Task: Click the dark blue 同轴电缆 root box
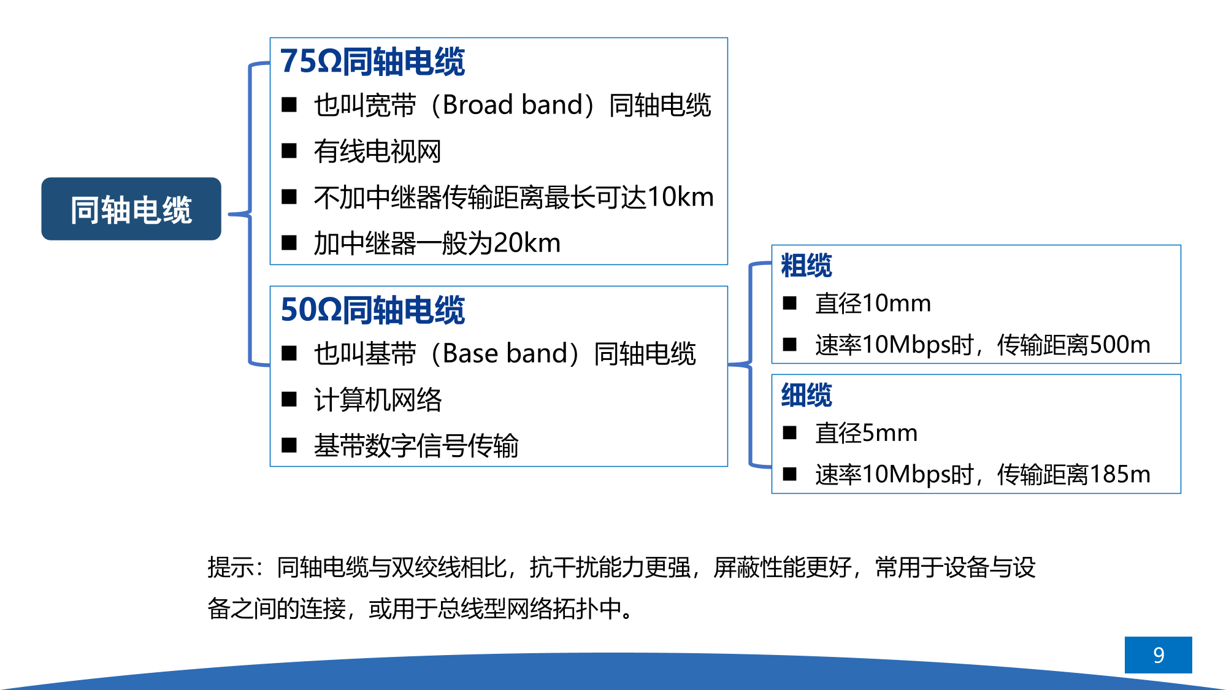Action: click(131, 209)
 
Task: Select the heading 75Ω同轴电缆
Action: click(372, 62)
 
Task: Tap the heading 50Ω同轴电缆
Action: click(372, 310)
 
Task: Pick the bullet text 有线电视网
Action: click(377, 151)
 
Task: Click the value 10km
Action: click(680, 197)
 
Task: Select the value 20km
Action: click(527, 243)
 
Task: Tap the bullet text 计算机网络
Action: click(378, 400)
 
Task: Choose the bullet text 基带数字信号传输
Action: click(416, 446)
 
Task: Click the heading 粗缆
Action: click(806, 266)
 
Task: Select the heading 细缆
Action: click(806, 395)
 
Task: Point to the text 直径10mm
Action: click(873, 304)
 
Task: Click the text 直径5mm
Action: click(866, 433)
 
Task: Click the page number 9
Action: click(1159, 655)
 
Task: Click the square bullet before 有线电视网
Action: click(289, 151)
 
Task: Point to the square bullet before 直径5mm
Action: click(789, 433)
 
